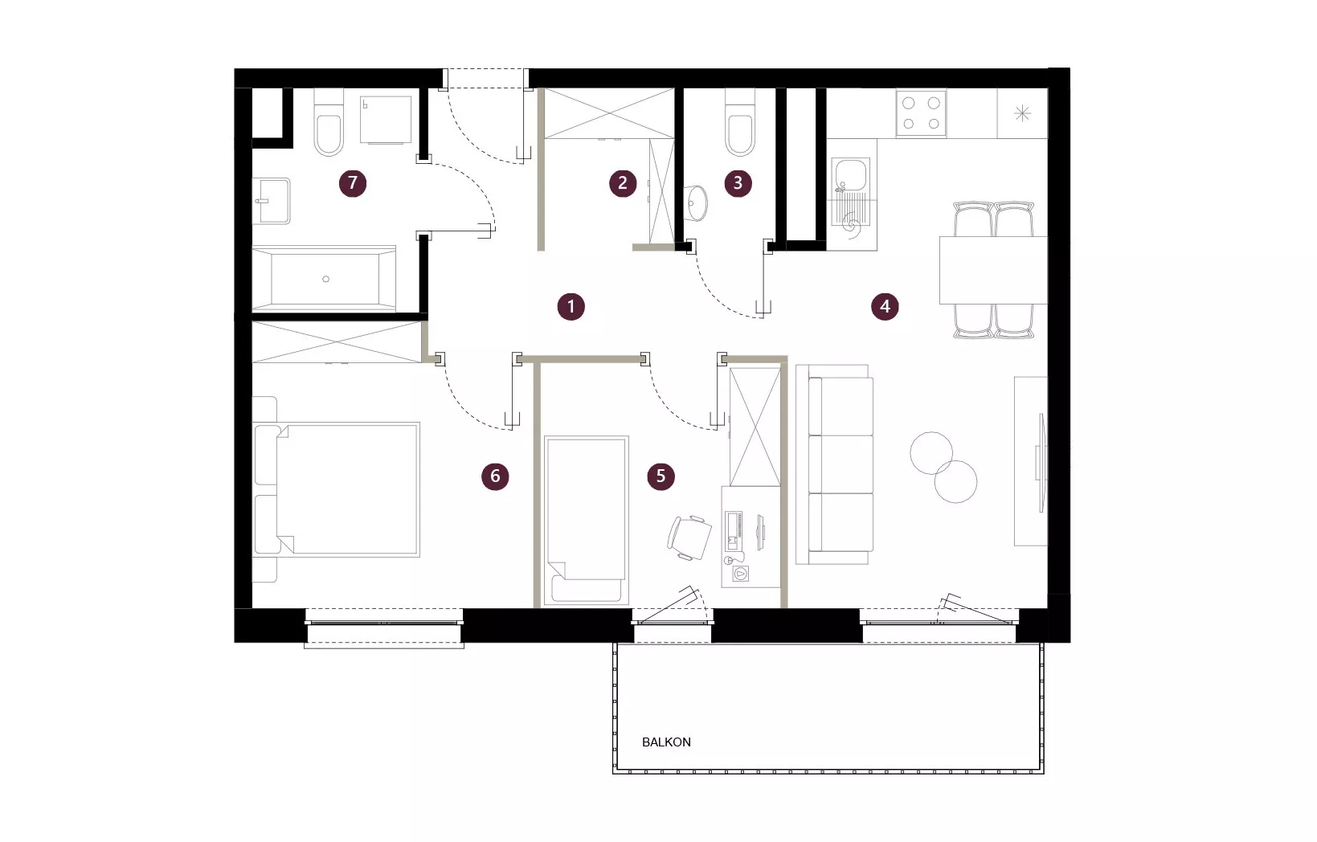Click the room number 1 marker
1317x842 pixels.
[571, 306]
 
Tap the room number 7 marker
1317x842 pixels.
[353, 183]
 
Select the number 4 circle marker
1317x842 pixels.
[885, 306]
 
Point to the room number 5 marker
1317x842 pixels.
[661, 476]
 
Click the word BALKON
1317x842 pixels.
[666, 742]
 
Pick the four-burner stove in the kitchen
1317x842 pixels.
[922, 113]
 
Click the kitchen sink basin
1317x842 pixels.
[849, 174]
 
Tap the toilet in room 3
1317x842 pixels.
[739, 122]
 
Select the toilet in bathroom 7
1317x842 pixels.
[329, 122]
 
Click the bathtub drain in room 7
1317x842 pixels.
[325, 280]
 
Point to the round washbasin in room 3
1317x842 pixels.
[696, 203]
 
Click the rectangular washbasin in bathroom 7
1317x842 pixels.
[272, 201]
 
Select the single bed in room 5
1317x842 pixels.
[587, 521]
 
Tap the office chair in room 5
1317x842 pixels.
[689, 537]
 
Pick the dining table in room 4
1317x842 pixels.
[993, 270]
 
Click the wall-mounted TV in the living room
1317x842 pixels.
[1041, 462]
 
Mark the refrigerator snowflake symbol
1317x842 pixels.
[1022, 113]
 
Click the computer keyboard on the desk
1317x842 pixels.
[733, 530]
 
